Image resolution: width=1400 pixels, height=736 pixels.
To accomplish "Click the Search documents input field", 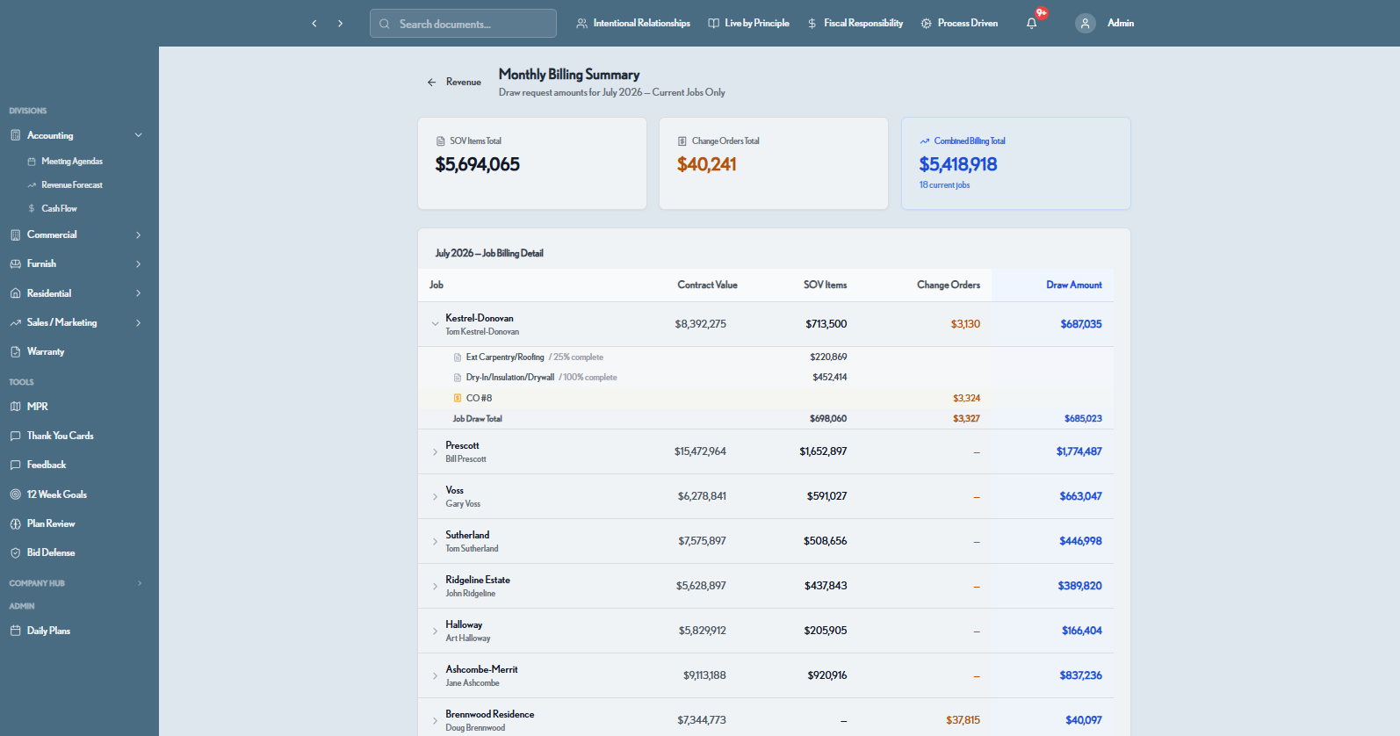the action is click(x=463, y=24).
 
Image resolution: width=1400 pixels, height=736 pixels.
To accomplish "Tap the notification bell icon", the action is click(x=1031, y=24).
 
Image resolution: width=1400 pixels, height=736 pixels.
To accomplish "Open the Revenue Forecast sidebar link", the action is click(x=72, y=185).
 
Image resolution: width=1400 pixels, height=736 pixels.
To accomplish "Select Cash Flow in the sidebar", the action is click(x=59, y=209).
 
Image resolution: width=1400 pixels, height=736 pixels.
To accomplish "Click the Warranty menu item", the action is click(x=46, y=352).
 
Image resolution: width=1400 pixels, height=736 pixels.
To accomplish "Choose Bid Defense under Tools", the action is click(x=51, y=553).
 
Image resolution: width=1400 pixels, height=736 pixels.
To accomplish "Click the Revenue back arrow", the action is click(x=432, y=83).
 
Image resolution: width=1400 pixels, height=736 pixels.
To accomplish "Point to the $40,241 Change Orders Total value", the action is click(x=706, y=164).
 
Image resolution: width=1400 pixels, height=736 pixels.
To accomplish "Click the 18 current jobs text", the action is click(x=944, y=185).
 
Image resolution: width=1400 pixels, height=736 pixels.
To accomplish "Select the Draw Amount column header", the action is click(x=1074, y=285).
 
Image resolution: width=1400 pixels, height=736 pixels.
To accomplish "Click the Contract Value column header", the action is click(x=707, y=285).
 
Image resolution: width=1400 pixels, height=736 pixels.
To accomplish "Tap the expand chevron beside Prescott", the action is click(x=435, y=451).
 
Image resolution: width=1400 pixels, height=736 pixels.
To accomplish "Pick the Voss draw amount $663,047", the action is click(x=1080, y=496).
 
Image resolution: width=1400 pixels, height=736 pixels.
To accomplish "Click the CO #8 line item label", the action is click(x=479, y=398).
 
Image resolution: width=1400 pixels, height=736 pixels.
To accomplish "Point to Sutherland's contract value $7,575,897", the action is click(x=702, y=541).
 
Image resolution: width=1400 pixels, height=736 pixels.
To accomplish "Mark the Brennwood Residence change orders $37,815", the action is click(x=963, y=720).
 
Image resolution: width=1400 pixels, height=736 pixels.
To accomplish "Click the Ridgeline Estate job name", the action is click(x=478, y=580).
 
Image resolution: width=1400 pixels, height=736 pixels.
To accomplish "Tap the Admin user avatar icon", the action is click(x=1085, y=24).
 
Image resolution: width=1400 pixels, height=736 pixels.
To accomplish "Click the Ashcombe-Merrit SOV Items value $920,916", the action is click(x=826, y=675).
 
